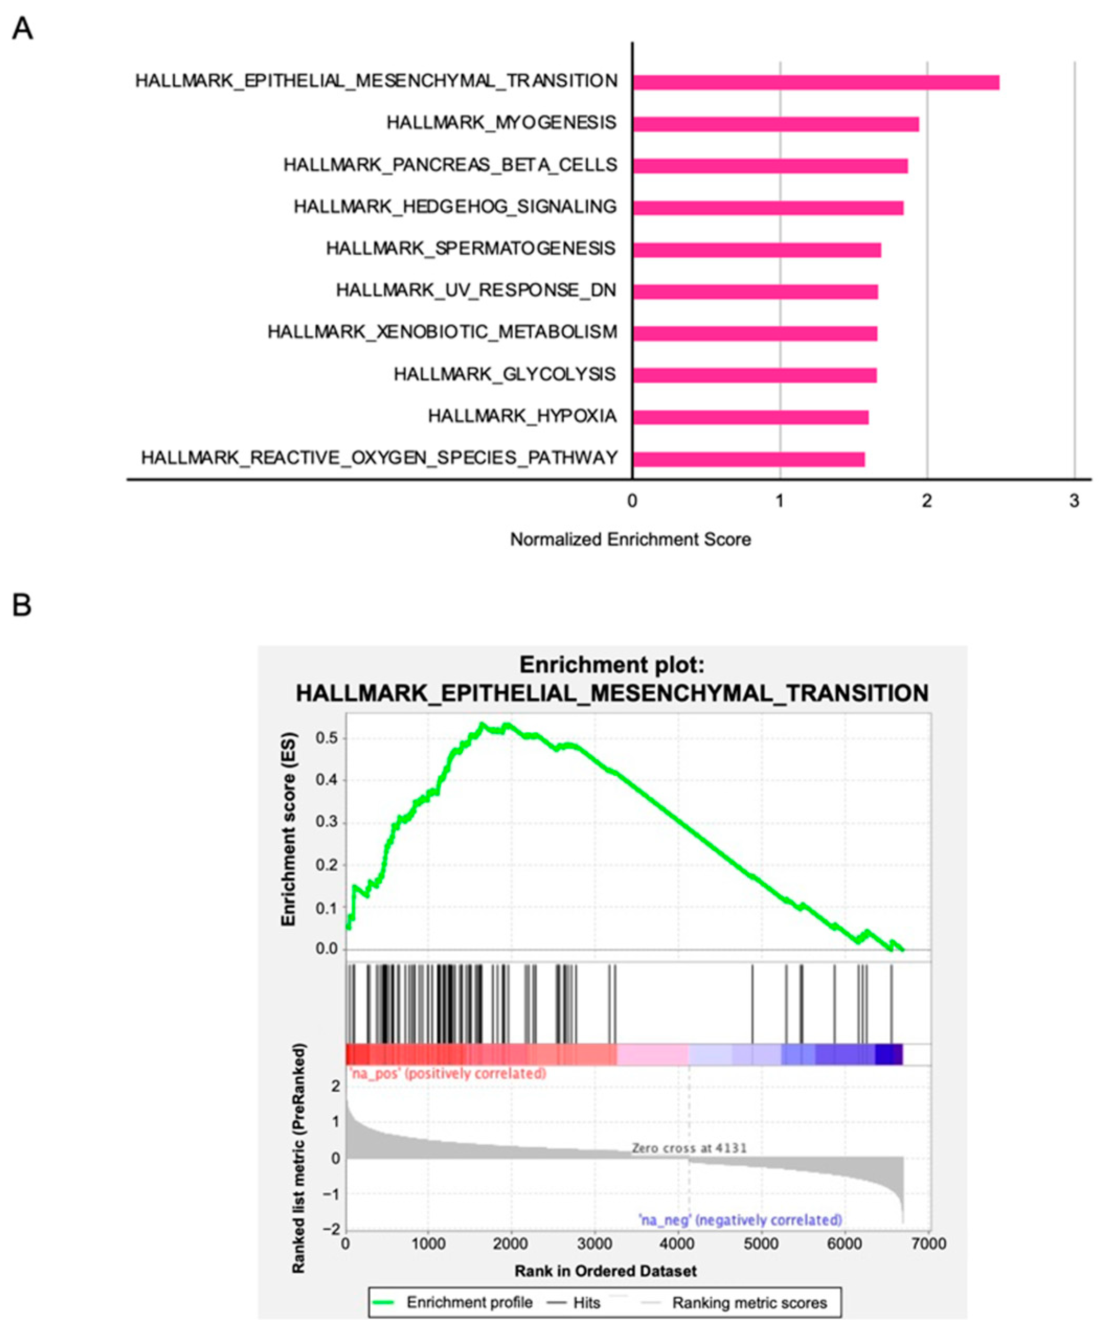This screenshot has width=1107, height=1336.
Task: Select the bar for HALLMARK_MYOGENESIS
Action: pos(775,124)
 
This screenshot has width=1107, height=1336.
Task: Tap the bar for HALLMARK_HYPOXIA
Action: pos(749,417)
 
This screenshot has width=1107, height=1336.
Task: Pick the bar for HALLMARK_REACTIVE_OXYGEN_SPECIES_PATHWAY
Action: pos(748,459)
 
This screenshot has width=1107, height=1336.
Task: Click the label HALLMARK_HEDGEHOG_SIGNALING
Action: pos(455,207)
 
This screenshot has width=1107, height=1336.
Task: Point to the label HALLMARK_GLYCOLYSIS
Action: pos(505,374)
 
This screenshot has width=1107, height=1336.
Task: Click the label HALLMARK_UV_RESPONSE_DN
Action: pos(476,291)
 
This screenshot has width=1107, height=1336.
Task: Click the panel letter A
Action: pos(22,29)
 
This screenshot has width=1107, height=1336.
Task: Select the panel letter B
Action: pos(21,605)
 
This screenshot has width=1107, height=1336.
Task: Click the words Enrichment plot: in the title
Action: pos(611,665)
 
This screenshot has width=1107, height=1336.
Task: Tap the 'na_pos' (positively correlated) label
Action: pos(447,1074)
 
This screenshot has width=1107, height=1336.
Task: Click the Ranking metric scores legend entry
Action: pos(749,1303)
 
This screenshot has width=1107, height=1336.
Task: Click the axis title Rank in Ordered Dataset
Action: pos(605,1271)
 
